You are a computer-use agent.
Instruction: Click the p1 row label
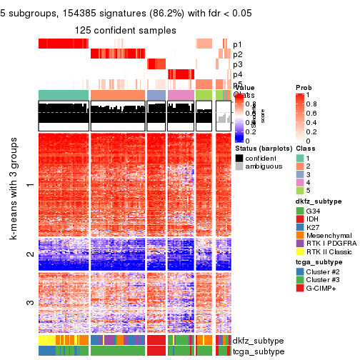[237, 44]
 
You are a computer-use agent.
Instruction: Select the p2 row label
[237, 54]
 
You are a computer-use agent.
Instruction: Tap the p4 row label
[237, 74]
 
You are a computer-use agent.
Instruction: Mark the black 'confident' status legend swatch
[239, 157]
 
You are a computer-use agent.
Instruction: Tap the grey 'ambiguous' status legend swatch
[239, 167]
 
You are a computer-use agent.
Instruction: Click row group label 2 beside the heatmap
[29, 254]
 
